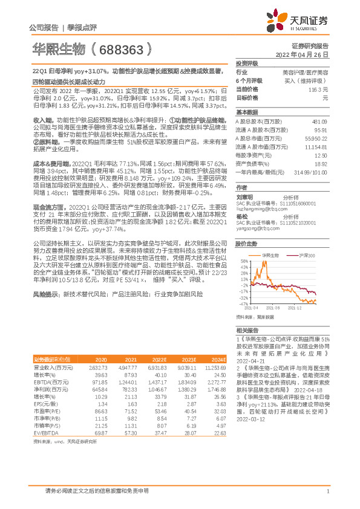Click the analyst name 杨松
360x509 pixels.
(242, 216)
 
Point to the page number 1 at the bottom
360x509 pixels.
(327, 491)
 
